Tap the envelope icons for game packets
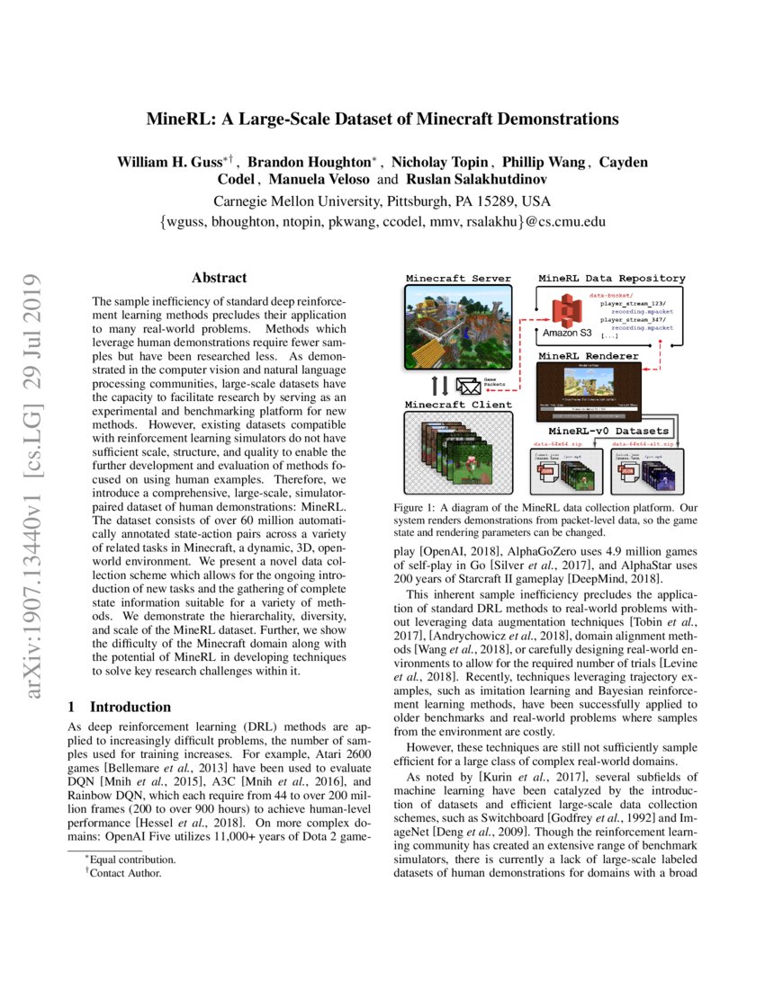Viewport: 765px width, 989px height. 468,387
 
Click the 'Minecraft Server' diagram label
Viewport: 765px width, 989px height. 458,279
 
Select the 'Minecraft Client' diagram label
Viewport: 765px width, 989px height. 458,405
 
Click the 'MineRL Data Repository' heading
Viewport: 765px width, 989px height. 611,279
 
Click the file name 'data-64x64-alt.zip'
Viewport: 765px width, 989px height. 642,443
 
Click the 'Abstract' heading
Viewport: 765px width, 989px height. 219,278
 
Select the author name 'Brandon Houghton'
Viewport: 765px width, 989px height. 310,162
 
